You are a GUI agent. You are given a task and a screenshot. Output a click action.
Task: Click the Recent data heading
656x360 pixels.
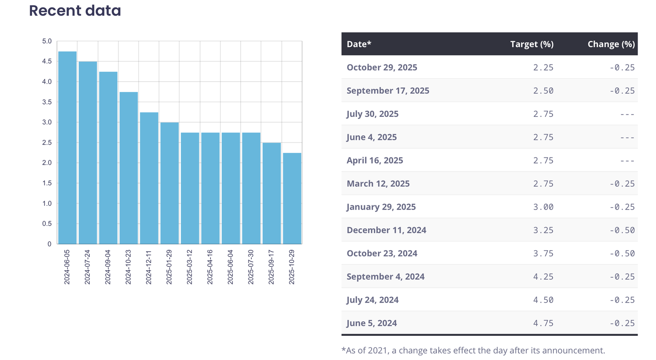tap(75, 11)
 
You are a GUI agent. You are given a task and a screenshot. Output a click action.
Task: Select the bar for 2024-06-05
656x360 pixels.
tap(67, 148)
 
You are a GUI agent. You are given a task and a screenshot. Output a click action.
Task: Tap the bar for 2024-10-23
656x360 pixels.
tap(129, 168)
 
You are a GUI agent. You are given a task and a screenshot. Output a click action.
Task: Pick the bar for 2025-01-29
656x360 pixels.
tap(169, 183)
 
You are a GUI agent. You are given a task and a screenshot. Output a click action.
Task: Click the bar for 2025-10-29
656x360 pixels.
tap(292, 198)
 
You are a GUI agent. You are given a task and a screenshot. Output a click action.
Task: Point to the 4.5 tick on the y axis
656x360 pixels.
tap(47, 62)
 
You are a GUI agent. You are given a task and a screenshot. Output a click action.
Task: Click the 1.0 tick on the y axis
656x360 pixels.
tap(47, 203)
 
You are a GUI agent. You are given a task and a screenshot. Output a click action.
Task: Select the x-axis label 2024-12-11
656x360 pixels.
tap(149, 267)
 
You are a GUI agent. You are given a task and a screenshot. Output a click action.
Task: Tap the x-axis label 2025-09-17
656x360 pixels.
tap(271, 267)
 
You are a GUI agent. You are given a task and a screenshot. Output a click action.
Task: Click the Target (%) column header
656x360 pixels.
tap(532, 44)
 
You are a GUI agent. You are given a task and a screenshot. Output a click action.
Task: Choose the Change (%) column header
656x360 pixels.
tap(611, 44)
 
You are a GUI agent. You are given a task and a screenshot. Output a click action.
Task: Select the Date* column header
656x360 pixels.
tap(359, 44)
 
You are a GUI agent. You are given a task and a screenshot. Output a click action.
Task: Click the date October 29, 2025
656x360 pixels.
tap(382, 67)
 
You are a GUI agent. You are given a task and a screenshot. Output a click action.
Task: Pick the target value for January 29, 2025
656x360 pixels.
tap(543, 207)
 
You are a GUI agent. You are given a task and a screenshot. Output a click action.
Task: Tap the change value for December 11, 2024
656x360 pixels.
tap(622, 230)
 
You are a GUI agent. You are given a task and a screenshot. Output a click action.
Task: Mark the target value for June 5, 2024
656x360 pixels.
tap(543, 323)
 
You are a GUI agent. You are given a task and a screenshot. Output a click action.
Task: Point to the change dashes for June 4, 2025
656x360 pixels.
tap(627, 137)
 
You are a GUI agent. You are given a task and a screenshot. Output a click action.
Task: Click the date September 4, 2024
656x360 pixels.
tap(385, 276)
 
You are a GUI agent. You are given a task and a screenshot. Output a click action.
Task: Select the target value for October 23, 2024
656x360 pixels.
tap(543, 253)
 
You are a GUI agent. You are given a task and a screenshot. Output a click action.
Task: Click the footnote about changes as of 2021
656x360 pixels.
tap(473, 351)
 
